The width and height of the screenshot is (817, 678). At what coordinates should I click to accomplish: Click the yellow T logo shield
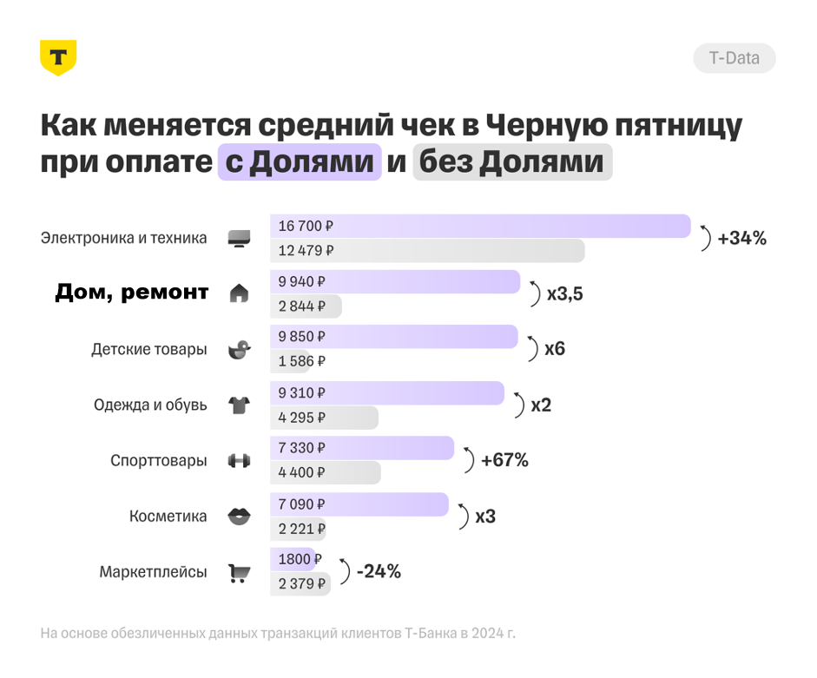58,58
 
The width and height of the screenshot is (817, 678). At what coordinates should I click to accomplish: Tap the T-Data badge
734,58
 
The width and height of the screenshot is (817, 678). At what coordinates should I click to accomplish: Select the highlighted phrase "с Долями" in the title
300,162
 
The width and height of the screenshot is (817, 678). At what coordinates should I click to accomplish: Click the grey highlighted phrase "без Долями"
512,162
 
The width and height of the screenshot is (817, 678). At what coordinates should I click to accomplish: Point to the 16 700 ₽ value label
306,226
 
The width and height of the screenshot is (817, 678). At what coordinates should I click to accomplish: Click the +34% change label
741,238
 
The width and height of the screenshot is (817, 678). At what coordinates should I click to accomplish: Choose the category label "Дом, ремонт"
132,293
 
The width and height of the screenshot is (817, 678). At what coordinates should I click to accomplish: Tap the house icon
239,293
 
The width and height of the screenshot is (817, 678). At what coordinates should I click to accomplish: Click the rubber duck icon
239,349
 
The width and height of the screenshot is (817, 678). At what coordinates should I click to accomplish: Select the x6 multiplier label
554,349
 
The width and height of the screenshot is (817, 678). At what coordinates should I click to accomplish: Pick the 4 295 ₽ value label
301,418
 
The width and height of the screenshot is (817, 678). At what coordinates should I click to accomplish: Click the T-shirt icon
239,405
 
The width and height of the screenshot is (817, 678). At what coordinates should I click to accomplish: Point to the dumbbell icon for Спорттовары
239,460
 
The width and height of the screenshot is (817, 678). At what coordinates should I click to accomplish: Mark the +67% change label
504,460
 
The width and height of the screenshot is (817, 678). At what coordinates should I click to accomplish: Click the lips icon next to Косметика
239,517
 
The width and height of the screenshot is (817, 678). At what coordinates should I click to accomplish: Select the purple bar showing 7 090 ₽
359,504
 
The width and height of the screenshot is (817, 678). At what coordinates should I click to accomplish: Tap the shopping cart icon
239,573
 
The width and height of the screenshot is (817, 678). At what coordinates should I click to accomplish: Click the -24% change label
378,571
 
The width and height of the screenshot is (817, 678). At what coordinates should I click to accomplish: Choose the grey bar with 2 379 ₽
300,584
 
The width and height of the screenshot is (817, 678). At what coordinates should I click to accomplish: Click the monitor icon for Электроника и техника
239,238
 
